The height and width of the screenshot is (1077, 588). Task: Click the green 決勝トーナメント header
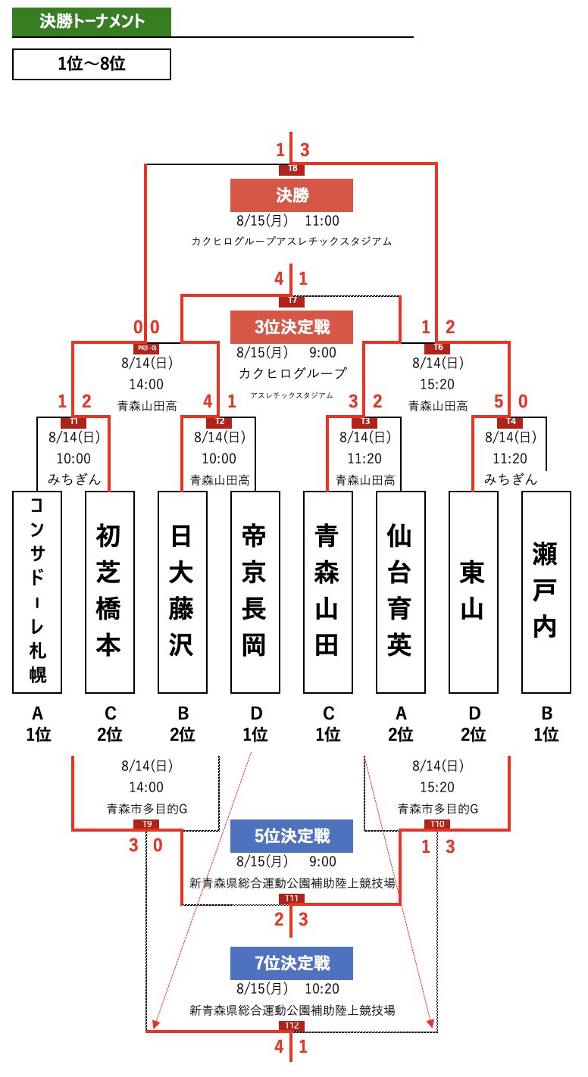92,22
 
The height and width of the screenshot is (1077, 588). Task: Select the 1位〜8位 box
92,64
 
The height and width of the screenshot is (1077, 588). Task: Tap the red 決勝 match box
292,195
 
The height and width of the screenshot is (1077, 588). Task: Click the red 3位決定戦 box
292,328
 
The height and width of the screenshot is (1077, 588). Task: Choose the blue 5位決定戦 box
292,836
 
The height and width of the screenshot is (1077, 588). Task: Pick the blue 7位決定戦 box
292,963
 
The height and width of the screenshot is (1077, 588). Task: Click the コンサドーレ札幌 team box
37,592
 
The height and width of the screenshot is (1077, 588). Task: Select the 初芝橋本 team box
110,592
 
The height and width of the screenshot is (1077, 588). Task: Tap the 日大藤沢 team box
183,592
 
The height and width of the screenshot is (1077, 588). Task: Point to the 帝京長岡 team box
255,592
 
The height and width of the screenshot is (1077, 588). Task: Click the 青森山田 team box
328,592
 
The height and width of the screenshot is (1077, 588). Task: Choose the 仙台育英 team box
401,592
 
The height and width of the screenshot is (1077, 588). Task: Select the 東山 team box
474,592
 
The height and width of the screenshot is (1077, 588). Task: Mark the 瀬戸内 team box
546,592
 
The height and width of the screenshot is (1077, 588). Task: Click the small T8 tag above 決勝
292,168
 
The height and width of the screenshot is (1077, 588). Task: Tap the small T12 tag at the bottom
292,1025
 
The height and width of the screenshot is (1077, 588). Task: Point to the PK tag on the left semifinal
145,348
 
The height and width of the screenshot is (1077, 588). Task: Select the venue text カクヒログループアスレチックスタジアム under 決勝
292,242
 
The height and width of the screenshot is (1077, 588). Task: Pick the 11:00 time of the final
322,221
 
